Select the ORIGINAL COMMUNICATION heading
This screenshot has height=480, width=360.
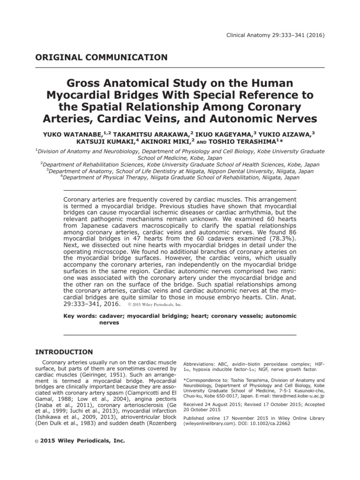(x=102, y=58)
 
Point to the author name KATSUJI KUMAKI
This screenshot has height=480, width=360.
(x=109, y=142)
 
